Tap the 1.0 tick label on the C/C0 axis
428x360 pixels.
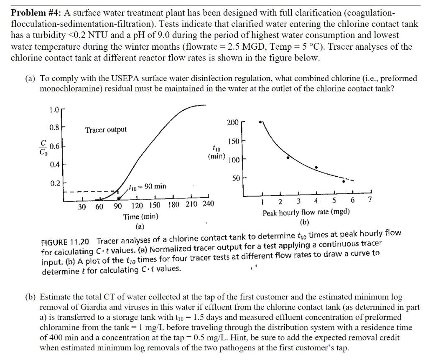coord(53,110)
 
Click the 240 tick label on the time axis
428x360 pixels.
coord(208,204)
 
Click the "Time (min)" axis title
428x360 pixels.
coord(140,217)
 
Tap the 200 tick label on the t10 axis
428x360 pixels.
coord(233,122)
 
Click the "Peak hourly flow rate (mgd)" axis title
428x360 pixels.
coord(306,213)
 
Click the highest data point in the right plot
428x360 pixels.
coord(260,122)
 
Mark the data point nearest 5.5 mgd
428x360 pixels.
coord(344,181)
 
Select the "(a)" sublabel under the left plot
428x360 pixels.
coord(140,226)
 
